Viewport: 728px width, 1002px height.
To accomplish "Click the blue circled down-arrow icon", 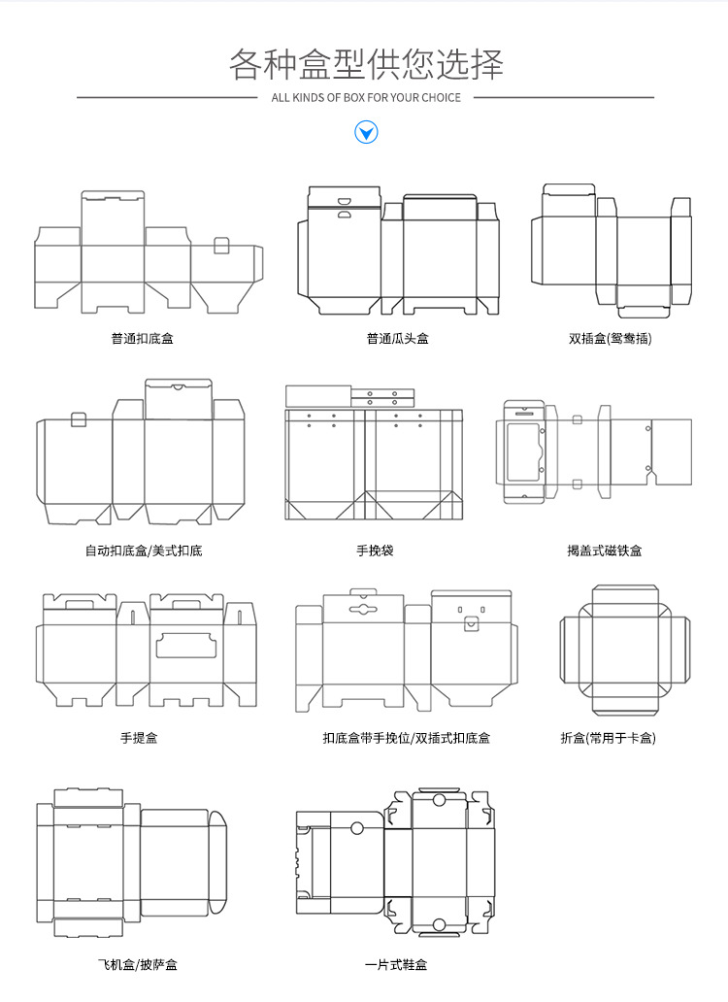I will [x=366, y=132].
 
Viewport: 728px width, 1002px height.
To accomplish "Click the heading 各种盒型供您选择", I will [x=366, y=64].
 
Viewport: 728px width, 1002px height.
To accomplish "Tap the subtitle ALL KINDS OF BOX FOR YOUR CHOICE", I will [x=366, y=97].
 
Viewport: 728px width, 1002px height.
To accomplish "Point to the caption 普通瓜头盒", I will [x=397, y=339].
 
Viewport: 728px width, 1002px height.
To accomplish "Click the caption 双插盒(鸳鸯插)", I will [x=610, y=339].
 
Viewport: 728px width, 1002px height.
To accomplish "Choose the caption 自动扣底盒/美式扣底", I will [x=144, y=551].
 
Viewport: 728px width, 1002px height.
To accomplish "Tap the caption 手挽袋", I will [x=375, y=551].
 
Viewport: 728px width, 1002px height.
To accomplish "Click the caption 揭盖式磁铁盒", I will [x=604, y=551].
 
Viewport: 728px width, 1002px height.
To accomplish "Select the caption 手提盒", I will [x=139, y=738].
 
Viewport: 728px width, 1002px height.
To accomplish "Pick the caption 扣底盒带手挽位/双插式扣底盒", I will [x=407, y=738].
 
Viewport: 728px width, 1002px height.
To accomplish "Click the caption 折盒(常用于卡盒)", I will [x=609, y=738].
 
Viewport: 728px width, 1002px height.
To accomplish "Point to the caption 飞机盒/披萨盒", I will [x=138, y=964].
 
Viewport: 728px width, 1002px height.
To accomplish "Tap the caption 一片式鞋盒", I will [x=396, y=964].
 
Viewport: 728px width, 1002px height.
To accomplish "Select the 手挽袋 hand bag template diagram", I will [x=374, y=457].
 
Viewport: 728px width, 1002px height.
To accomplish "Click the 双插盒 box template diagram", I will [x=611, y=249].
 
